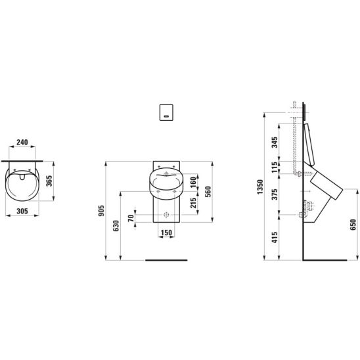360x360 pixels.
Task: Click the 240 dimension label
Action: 22,143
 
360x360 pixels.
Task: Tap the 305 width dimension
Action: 22,211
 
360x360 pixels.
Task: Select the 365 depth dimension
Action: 49,181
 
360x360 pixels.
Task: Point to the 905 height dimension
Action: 101,210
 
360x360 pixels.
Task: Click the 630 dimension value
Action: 116,226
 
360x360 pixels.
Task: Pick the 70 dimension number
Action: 131,218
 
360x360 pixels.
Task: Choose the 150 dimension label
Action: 166,233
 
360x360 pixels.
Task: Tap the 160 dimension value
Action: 194,182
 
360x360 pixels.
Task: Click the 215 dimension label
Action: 194,203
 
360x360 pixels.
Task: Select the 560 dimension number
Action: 208,192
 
